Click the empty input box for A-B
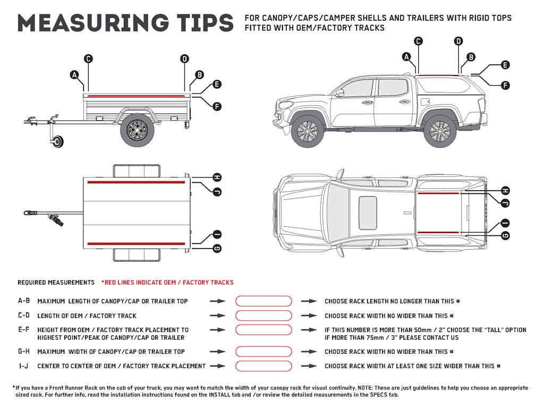[263, 301]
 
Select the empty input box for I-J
[263, 366]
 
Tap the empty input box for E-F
[263, 330]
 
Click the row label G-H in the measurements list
[24, 352]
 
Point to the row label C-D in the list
[24, 316]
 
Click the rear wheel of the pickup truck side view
[440, 131]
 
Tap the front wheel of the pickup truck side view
[307, 131]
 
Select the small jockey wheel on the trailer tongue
[56, 141]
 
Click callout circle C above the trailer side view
[89, 59]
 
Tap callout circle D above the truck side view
[459, 41]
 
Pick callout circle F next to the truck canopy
[505, 85]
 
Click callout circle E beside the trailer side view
[216, 84]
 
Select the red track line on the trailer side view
[136, 95]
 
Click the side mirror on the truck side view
[339, 93]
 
